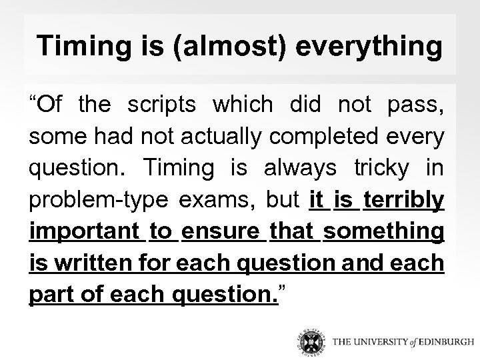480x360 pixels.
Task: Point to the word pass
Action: [417, 105]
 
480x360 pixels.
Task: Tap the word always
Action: [301, 168]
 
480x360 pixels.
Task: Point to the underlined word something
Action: [384, 232]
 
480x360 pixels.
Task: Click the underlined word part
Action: [51, 295]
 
